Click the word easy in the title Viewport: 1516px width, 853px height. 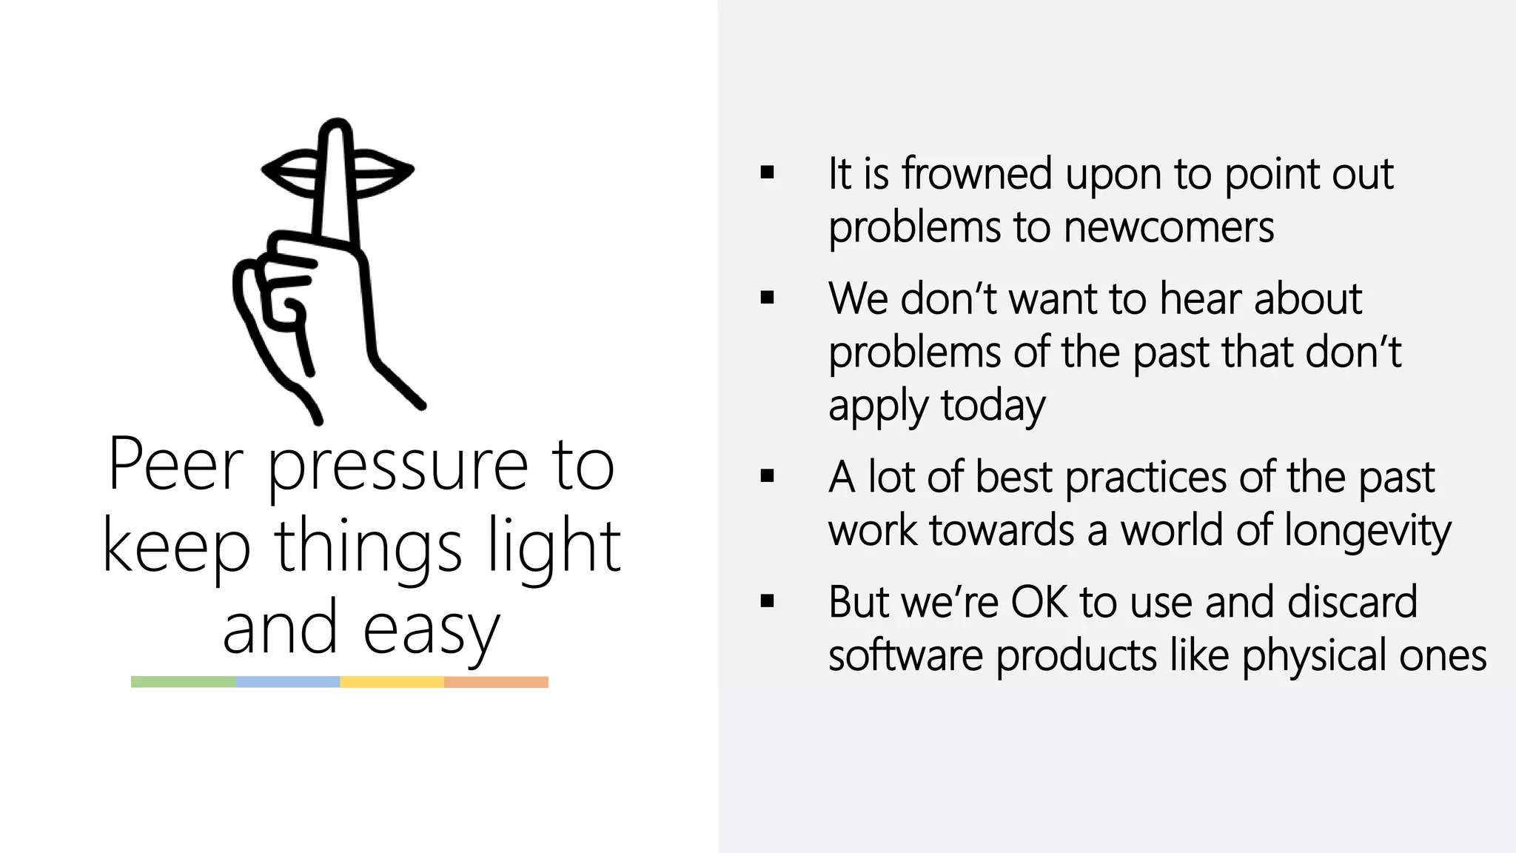pos(431,629)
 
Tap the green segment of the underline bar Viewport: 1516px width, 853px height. pos(183,682)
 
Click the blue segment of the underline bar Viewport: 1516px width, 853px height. pos(287,682)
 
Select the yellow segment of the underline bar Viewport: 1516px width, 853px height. pos(392,682)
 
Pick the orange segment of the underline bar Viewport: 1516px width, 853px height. pos(496,682)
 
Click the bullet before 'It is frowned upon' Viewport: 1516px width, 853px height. pos(767,173)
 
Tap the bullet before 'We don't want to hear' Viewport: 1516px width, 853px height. pos(767,298)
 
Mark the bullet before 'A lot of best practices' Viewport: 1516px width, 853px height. pos(767,476)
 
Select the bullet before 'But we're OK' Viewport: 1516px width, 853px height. pos(767,601)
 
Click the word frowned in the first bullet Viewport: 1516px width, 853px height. pos(976,174)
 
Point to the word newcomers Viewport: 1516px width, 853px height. pos(1169,227)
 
